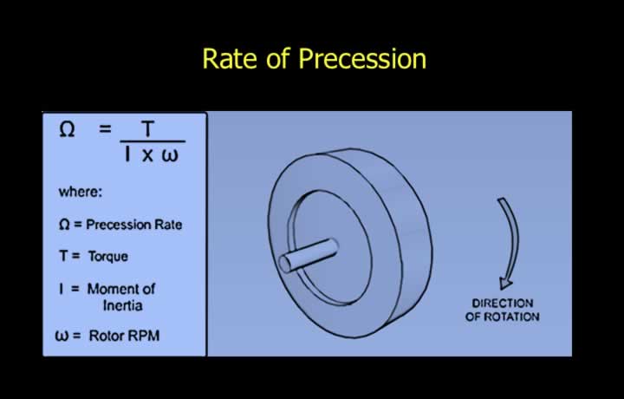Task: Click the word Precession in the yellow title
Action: coord(362,59)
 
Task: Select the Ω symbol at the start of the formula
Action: coord(67,129)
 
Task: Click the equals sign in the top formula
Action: coord(105,128)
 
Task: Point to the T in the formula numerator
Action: coord(147,129)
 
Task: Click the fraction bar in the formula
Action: coord(153,141)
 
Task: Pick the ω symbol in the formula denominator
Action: coord(170,155)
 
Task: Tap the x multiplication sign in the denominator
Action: coord(147,155)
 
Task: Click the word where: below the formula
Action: coord(81,192)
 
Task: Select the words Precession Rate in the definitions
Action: coord(134,225)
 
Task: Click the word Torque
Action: coord(107,257)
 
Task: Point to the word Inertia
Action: coord(122,306)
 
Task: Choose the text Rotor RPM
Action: coord(124,336)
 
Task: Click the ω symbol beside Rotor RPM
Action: coord(62,337)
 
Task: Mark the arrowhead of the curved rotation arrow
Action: coord(506,283)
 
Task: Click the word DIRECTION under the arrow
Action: coord(502,304)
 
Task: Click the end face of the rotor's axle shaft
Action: coord(286,264)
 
